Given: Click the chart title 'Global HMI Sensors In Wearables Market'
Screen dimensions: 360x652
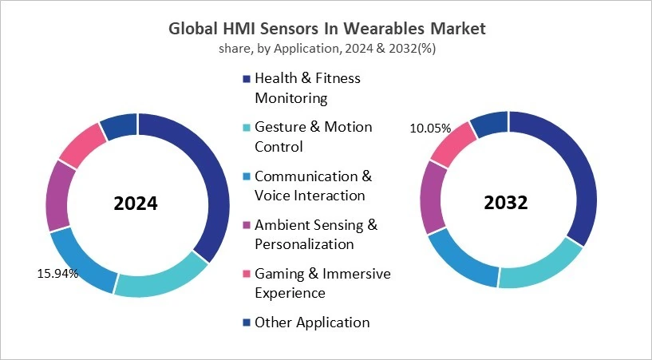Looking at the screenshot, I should [x=327, y=29].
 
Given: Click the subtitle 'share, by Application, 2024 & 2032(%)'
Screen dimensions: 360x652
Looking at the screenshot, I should [x=327, y=48].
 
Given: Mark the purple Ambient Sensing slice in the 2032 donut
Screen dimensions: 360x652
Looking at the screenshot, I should [x=433, y=196].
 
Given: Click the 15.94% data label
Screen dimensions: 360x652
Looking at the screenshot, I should [x=57, y=274].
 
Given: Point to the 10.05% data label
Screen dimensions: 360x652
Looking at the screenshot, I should [x=430, y=128].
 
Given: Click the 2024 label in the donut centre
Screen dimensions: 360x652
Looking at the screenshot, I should [x=136, y=204].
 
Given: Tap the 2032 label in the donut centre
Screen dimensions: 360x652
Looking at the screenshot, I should [x=506, y=203].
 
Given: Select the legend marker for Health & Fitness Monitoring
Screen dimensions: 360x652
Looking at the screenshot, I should [x=247, y=79].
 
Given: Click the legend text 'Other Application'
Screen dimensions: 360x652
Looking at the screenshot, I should [x=312, y=322].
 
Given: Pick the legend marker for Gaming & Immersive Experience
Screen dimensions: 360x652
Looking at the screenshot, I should [x=247, y=275].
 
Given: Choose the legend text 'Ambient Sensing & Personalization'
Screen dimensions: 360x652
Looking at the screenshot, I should [x=316, y=235].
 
